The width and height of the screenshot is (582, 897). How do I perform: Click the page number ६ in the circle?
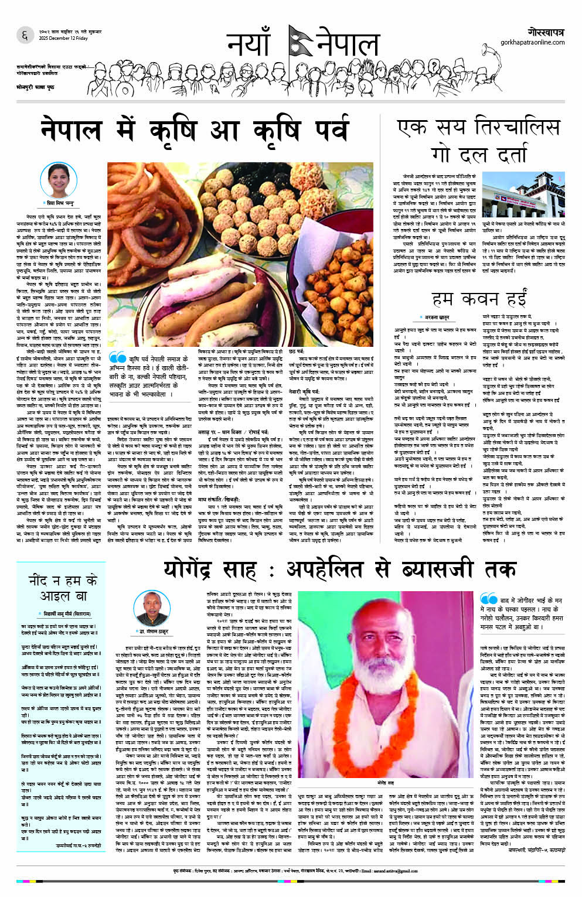click(x=24, y=36)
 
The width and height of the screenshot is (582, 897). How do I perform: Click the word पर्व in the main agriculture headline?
click(x=321, y=130)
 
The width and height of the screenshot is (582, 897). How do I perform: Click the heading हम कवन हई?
click(x=479, y=299)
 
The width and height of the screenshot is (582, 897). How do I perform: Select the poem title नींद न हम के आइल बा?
click(x=63, y=588)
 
